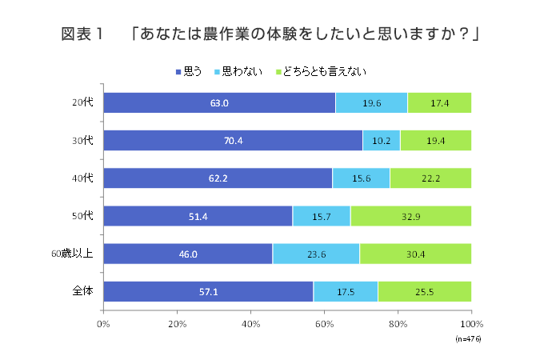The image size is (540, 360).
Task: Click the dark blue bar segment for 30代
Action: click(233, 140)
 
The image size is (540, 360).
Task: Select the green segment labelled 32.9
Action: click(410, 216)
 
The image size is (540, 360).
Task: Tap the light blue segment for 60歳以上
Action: click(316, 254)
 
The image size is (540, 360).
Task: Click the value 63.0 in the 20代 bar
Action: click(219, 102)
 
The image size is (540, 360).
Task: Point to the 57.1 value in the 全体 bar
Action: click(209, 291)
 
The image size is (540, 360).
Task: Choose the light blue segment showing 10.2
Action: click(382, 140)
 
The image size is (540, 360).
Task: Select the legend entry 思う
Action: click(189, 72)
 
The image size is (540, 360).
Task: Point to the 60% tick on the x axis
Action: click(325, 324)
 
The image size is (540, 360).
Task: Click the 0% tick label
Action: click(103, 324)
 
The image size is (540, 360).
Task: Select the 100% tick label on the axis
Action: click(470, 324)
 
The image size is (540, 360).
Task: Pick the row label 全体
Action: click(84, 291)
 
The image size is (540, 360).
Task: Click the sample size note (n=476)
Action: click(468, 339)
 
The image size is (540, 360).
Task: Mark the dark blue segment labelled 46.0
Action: click(188, 254)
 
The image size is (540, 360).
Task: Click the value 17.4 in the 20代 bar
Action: click(439, 102)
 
